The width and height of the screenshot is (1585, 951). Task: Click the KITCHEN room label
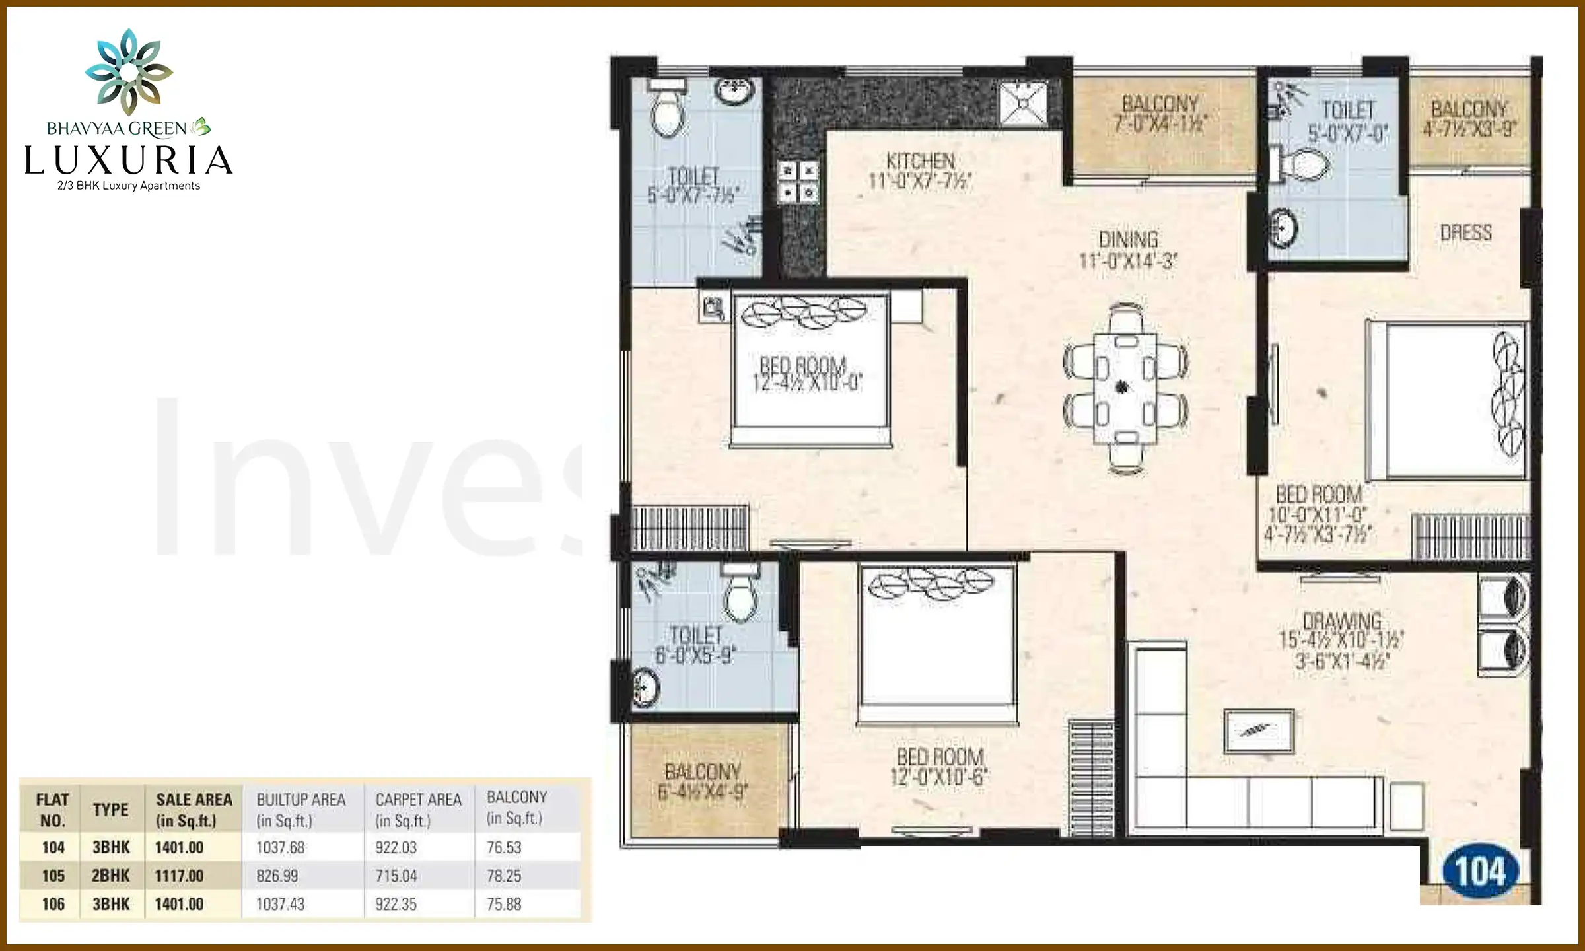click(921, 161)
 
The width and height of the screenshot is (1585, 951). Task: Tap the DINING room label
click(1128, 240)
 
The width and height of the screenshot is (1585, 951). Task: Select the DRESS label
click(1465, 232)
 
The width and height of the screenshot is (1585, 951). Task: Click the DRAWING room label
click(1341, 621)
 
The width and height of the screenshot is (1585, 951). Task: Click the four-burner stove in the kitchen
click(798, 182)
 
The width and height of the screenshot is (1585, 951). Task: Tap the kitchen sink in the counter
click(1023, 102)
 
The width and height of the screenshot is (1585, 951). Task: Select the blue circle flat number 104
click(1481, 872)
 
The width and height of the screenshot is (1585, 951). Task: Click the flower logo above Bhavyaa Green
click(129, 71)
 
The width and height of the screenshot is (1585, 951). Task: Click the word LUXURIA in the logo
click(129, 160)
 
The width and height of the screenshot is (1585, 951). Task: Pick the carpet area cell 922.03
click(396, 847)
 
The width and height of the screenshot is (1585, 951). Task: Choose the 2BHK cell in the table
click(111, 876)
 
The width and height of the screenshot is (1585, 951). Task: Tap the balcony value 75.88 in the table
click(504, 904)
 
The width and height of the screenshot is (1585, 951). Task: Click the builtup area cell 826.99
click(277, 876)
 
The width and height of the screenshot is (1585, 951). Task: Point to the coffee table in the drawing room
click(1258, 731)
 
